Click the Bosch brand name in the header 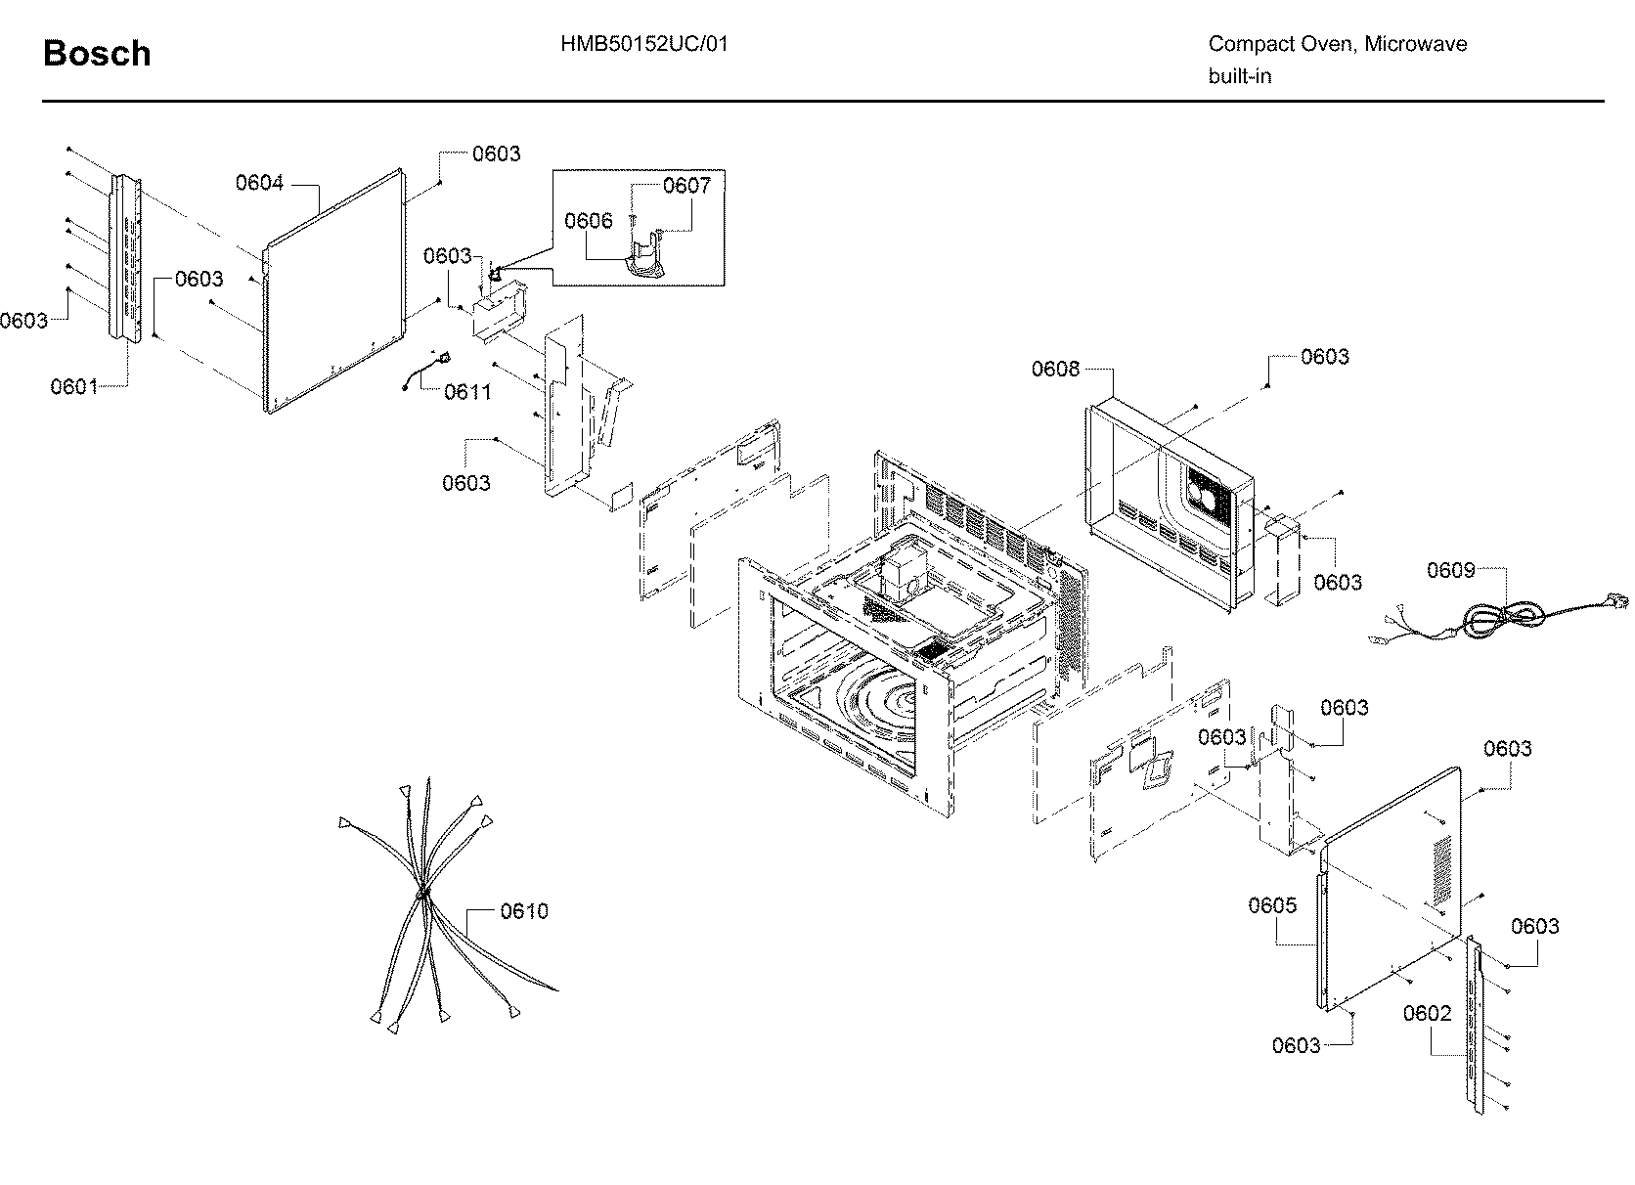[x=97, y=53]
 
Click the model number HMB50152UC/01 [x=643, y=44]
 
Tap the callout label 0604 [x=259, y=183]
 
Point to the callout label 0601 [x=74, y=386]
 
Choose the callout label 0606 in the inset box [x=589, y=221]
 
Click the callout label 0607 [x=686, y=185]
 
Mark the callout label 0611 [x=467, y=392]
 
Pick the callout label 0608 [x=1055, y=369]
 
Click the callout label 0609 [x=1450, y=570]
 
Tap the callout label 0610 [x=523, y=911]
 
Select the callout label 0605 [x=1271, y=905]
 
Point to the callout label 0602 [x=1427, y=1014]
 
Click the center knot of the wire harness [x=424, y=894]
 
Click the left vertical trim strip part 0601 [x=125, y=259]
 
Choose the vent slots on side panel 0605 [x=1442, y=869]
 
